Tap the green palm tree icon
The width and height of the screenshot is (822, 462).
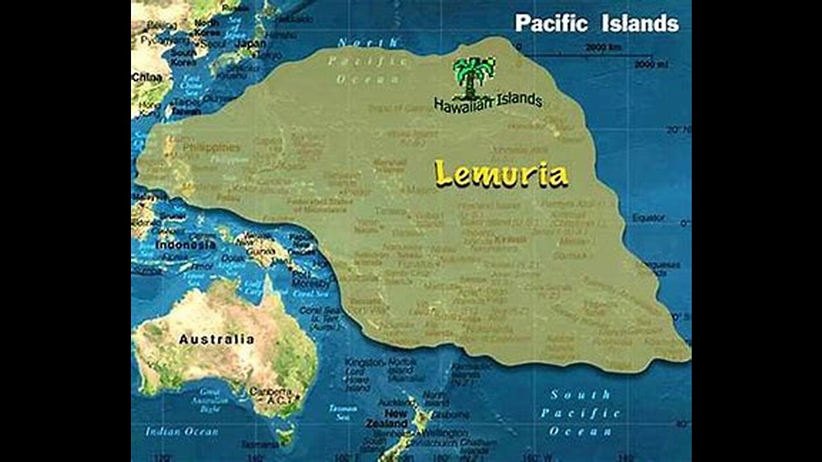(x=474, y=76)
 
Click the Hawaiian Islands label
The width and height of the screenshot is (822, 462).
(x=488, y=102)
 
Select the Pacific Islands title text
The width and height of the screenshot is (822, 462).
(x=597, y=24)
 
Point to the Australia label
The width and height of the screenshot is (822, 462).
(x=216, y=339)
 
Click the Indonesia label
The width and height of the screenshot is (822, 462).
(x=186, y=245)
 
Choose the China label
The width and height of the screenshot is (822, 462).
(x=146, y=77)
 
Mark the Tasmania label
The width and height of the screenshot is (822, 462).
(x=259, y=444)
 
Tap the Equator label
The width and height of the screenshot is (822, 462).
(x=649, y=218)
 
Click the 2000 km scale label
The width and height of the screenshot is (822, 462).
(x=603, y=47)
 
